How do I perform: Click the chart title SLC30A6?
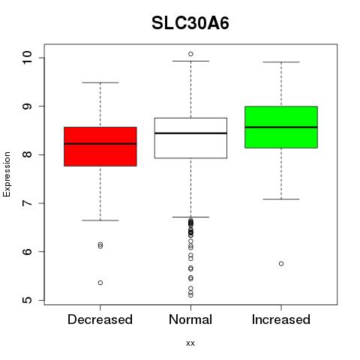tap(190, 23)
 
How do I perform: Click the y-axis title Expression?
tap(7, 174)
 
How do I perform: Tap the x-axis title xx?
tap(190, 343)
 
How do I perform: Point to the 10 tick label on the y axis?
tap(27, 58)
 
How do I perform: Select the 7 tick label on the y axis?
tap(27, 203)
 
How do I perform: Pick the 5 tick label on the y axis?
tap(27, 300)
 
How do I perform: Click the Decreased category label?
tap(100, 319)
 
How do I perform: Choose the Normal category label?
tap(190, 319)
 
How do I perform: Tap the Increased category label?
tap(281, 319)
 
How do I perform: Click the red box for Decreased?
tap(100, 155)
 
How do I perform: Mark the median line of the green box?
tap(281, 127)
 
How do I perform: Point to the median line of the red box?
tap(100, 144)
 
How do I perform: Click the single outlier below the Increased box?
tap(281, 264)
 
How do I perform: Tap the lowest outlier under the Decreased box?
tap(100, 283)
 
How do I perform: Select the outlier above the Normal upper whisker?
tap(190, 54)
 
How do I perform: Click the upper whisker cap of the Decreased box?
tap(100, 82)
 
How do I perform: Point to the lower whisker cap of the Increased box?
tap(281, 199)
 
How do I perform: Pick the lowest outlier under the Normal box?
tap(190, 295)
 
